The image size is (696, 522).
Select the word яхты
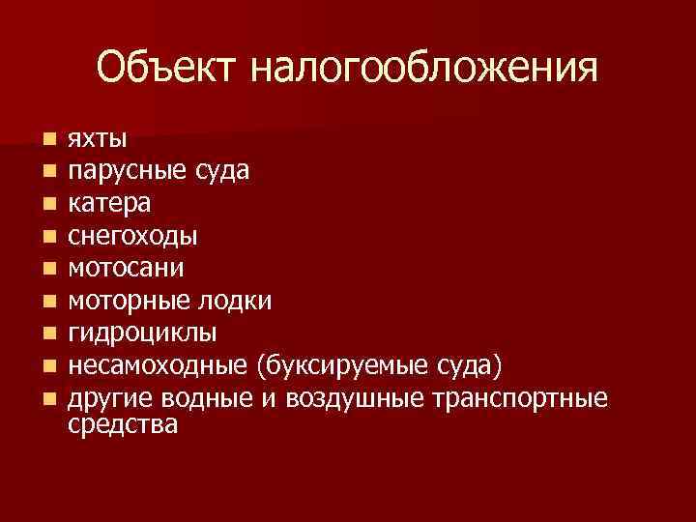pos(98,139)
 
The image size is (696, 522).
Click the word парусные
pos(123,172)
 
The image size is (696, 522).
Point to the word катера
pos(108,204)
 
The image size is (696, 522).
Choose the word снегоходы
pos(132,237)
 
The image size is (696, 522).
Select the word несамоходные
pos(158,366)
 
